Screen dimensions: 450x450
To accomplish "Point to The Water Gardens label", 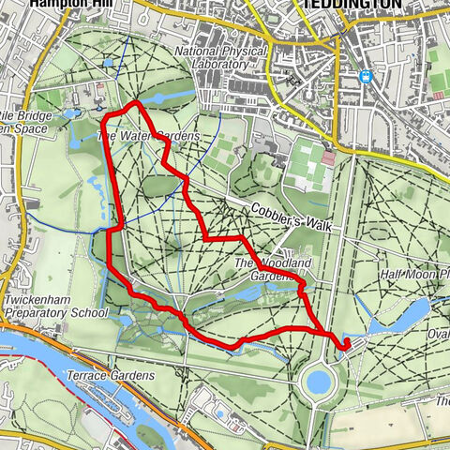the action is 150,137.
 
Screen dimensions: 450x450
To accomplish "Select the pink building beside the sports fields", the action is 327,157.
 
